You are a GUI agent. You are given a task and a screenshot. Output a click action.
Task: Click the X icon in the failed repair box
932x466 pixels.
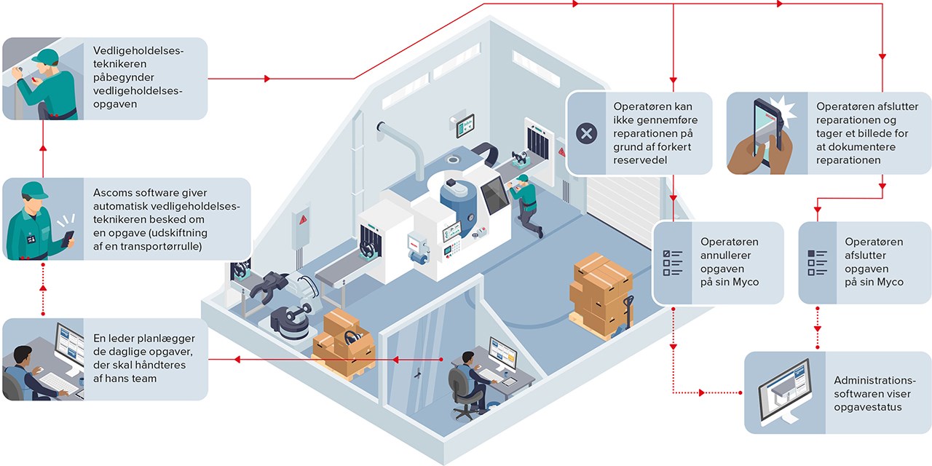tap(586, 133)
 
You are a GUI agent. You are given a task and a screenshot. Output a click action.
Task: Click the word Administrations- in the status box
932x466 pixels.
tap(873, 380)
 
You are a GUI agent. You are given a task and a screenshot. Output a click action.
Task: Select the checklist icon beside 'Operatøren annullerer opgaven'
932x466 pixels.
tap(671, 262)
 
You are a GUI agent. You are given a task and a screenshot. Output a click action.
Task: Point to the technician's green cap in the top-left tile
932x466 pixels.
tap(45, 57)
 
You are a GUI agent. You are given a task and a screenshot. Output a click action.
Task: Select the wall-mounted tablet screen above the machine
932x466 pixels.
tap(465, 126)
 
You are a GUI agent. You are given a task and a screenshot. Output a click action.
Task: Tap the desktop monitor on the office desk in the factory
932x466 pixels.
tap(502, 354)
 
